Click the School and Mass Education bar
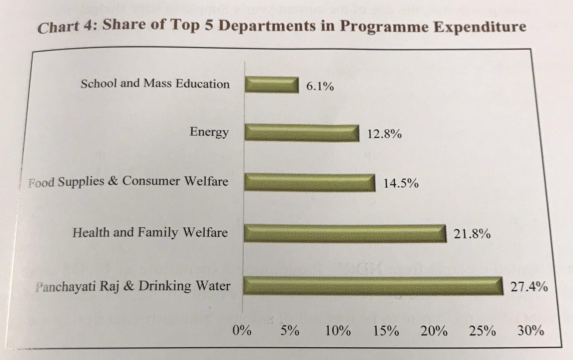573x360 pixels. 272,85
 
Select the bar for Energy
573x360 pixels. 302,133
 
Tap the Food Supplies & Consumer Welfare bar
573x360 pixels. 310,183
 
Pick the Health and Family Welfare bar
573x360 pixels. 345,234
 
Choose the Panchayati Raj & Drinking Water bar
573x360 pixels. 373,286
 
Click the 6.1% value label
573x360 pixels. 320,86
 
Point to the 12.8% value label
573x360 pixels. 384,134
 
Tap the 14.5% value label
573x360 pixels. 401,183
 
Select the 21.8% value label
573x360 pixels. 472,234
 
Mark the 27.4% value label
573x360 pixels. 529,287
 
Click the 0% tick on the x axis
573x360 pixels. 242,331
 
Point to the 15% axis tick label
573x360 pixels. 386,331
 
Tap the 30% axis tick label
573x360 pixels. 531,331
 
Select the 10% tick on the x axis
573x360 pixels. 338,331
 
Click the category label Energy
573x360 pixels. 209,132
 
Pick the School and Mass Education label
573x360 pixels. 155,84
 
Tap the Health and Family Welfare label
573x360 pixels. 150,232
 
